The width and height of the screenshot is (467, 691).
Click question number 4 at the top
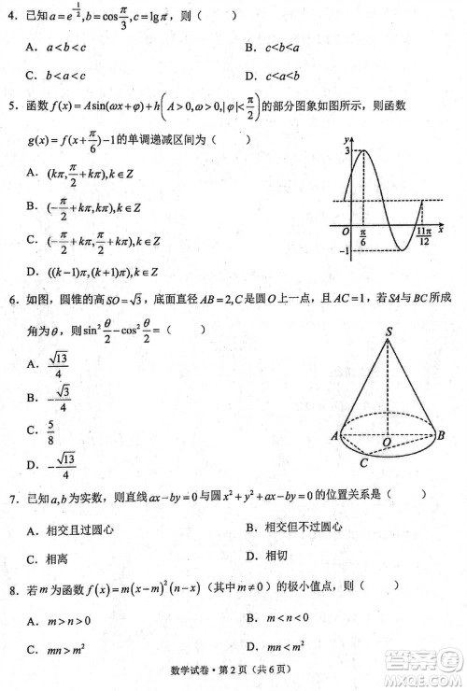pyautogui.click(x=12, y=16)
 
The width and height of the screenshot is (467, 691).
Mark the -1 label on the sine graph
pyautogui.click(x=343, y=252)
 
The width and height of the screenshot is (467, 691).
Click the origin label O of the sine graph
pyautogui.click(x=345, y=231)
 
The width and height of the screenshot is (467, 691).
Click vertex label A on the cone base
pyautogui.click(x=333, y=435)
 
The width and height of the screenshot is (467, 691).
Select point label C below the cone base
pyautogui.click(x=364, y=461)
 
